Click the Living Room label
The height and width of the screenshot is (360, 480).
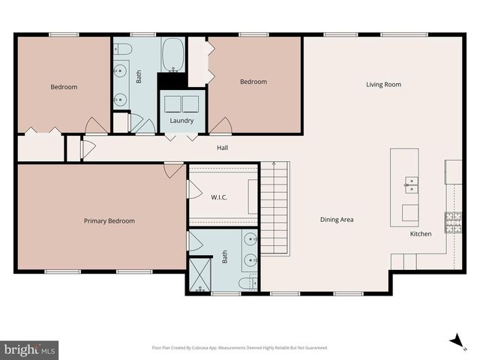point(383,85)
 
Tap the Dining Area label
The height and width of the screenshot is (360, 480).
point(337,220)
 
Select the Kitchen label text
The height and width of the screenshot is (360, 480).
point(420,234)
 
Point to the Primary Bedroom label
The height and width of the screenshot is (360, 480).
point(109,220)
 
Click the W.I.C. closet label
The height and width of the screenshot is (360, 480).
point(219,197)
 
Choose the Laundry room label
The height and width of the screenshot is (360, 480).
point(181,120)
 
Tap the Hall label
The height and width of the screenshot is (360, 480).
point(223,148)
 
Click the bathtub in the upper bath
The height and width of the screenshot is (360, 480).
point(173,55)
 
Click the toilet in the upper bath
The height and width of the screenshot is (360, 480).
point(124,49)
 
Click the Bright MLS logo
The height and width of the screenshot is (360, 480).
point(30,349)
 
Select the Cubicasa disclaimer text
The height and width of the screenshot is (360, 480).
point(240,347)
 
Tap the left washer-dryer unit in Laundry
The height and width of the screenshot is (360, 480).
point(172,103)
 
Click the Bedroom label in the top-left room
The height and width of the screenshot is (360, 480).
point(64,87)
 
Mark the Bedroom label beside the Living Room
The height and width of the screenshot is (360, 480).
point(253,82)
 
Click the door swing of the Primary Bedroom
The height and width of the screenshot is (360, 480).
point(174,170)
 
